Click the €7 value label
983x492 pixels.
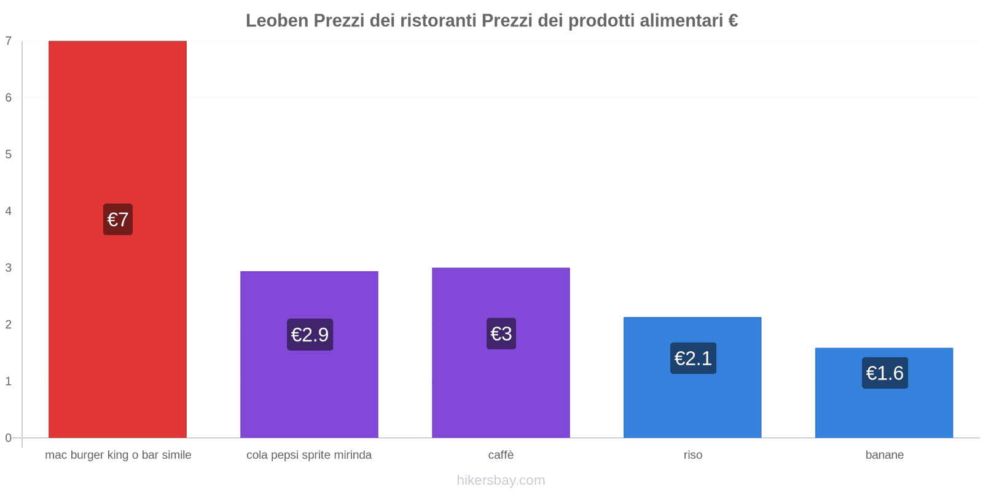[x=117, y=220]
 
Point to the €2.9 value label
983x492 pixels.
[x=310, y=335]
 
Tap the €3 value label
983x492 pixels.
[x=501, y=333]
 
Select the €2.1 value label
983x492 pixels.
[x=693, y=358]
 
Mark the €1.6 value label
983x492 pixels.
[x=885, y=373]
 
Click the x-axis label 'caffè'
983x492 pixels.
[x=501, y=455]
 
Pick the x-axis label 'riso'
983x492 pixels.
[x=692, y=455]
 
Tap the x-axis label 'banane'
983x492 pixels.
[x=884, y=455]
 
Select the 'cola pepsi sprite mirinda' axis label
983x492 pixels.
[x=309, y=455]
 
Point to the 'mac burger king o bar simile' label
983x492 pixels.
[x=118, y=455]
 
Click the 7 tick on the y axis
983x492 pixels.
[x=9, y=41]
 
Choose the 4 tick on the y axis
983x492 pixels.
[x=9, y=211]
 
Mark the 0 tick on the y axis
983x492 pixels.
[x=9, y=438]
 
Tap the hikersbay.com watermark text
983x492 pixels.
[x=501, y=480]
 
